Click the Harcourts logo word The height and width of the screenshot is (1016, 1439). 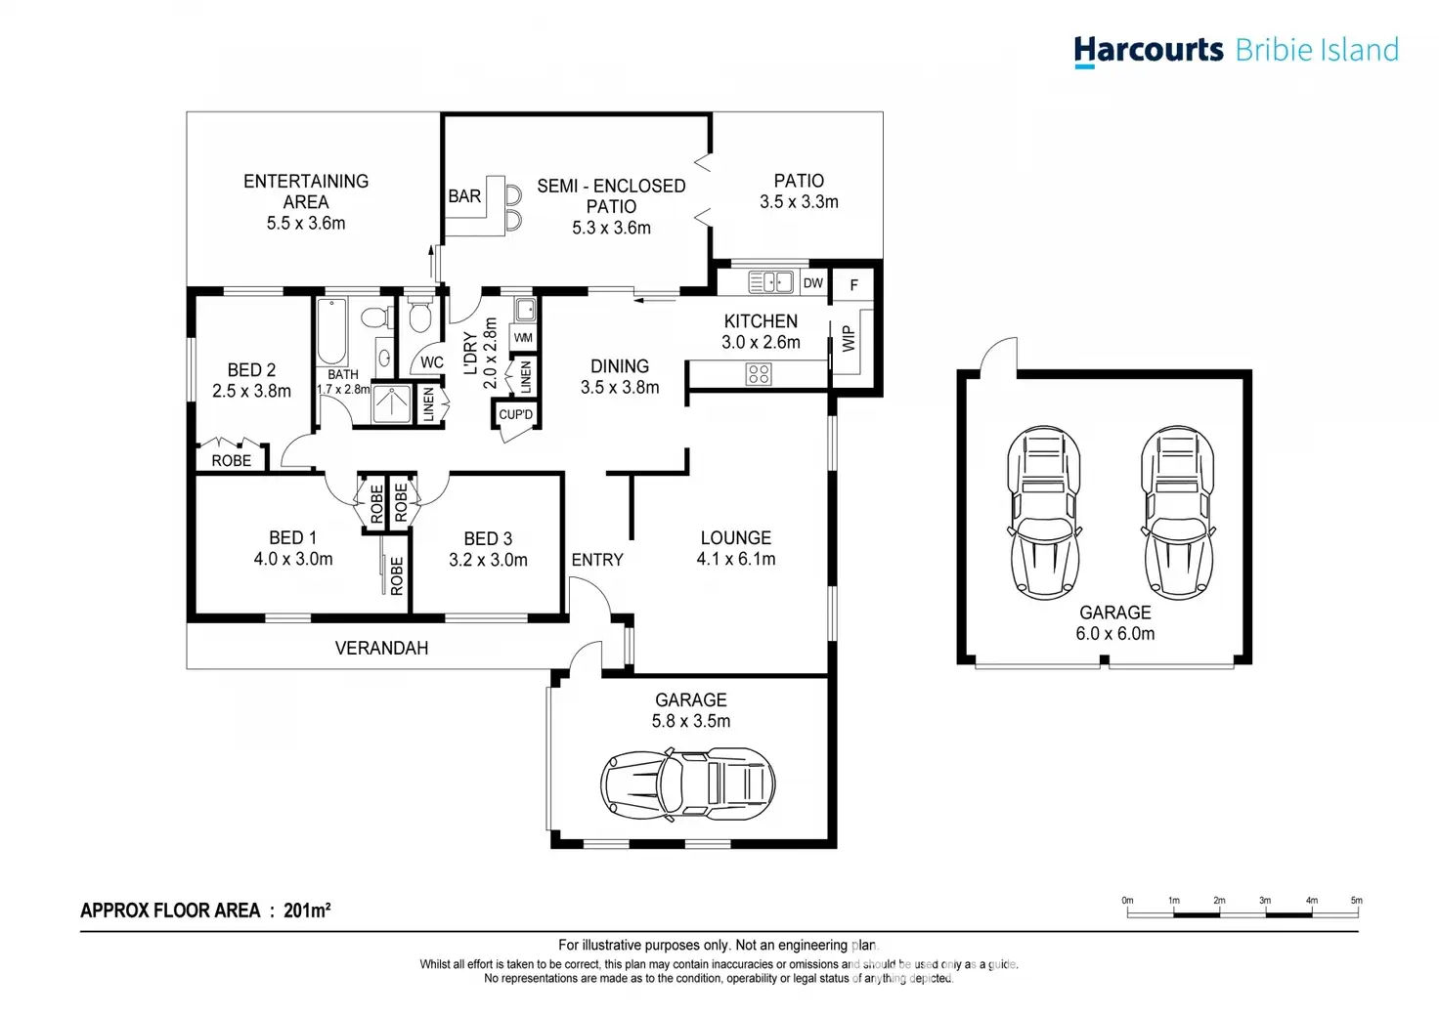point(1149,51)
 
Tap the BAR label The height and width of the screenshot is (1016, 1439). point(463,196)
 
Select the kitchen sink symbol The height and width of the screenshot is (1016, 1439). point(770,281)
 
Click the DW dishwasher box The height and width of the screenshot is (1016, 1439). point(813,283)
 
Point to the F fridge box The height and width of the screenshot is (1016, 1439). point(853,285)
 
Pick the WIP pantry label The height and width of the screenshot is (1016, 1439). point(849,339)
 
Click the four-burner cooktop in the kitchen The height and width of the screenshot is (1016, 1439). point(759,374)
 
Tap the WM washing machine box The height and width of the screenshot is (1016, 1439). point(523,338)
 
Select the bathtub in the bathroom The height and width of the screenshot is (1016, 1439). point(331,331)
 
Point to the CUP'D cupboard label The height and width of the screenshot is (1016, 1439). point(516,414)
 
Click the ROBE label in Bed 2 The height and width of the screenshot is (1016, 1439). point(232,461)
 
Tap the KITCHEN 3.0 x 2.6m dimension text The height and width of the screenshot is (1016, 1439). point(761,343)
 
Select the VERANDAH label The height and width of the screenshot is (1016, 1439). point(381,649)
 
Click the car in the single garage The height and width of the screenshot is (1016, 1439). point(688,783)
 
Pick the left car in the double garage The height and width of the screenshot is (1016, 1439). point(1044,513)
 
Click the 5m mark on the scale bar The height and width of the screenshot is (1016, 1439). point(1357,901)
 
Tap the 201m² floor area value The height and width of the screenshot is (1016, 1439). point(307,910)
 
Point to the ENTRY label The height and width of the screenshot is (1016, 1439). point(597,561)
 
